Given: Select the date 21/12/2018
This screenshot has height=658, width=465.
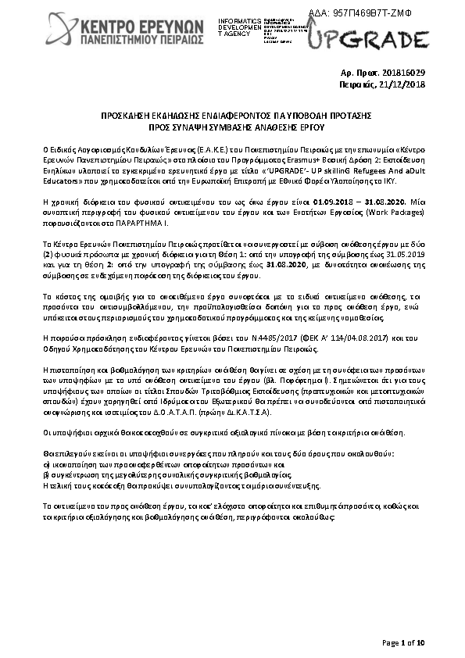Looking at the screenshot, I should click(404, 84).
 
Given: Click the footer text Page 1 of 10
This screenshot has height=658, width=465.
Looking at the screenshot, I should click(402, 643).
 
